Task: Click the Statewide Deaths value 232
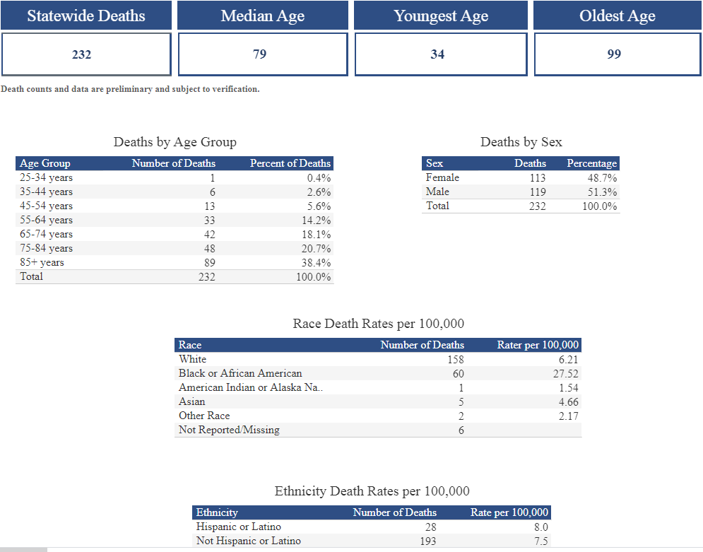pyautogui.click(x=82, y=54)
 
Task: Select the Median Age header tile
pyautogui.click(x=262, y=16)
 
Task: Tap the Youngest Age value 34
pyautogui.click(x=437, y=54)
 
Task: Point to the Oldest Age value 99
pyautogui.click(x=614, y=54)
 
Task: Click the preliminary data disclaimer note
pyautogui.click(x=130, y=89)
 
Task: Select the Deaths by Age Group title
pyautogui.click(x=175, y=142)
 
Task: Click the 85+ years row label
pyautogui.click(x=42, y=262)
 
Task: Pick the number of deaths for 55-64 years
pyautogui.click(x=209, y=220)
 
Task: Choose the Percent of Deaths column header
pyautogui.click(x=290, y=163)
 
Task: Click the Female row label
pyautogui.click(x=442, y=177)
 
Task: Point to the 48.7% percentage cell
pyautogui.click(x=602, y=177)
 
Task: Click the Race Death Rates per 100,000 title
pyautogui.click(x=378, y=324)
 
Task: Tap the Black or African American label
pyautogui.click(x=240, y=373)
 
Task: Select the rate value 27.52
pyautogui.click(x=565, y=374)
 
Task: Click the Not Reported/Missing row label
pyautogui.click(x=229, y=430)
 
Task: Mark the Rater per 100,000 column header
pyautogui.click(x=538, y=345)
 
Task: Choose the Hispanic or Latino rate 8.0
pyautogui.click(x=541, y=527)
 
